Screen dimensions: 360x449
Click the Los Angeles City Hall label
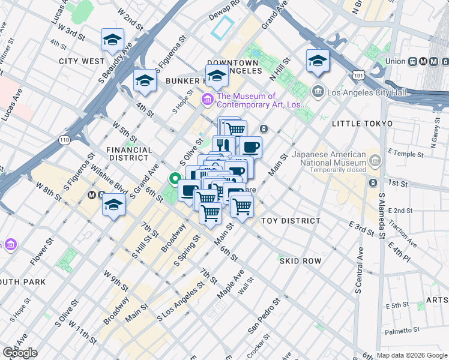366,92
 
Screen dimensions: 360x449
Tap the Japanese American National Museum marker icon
376,161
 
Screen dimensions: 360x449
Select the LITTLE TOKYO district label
361,123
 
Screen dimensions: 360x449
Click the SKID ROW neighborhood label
300,261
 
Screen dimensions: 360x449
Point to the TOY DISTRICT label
291,221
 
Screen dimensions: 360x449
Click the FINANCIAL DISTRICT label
127,154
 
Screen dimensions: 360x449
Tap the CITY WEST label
82,61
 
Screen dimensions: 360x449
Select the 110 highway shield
65,139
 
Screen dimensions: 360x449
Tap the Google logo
20,353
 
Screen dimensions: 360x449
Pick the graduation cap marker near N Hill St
318,60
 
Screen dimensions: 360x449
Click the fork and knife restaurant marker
223,146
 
